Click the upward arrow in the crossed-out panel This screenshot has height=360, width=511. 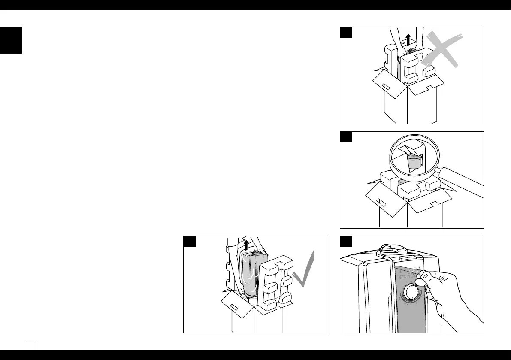point(408,40)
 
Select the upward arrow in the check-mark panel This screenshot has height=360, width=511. point(245,245)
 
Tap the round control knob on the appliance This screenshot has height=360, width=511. point(412,293)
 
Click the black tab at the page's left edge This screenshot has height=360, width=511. point(11,40)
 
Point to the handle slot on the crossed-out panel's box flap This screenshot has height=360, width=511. point(386,87)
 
